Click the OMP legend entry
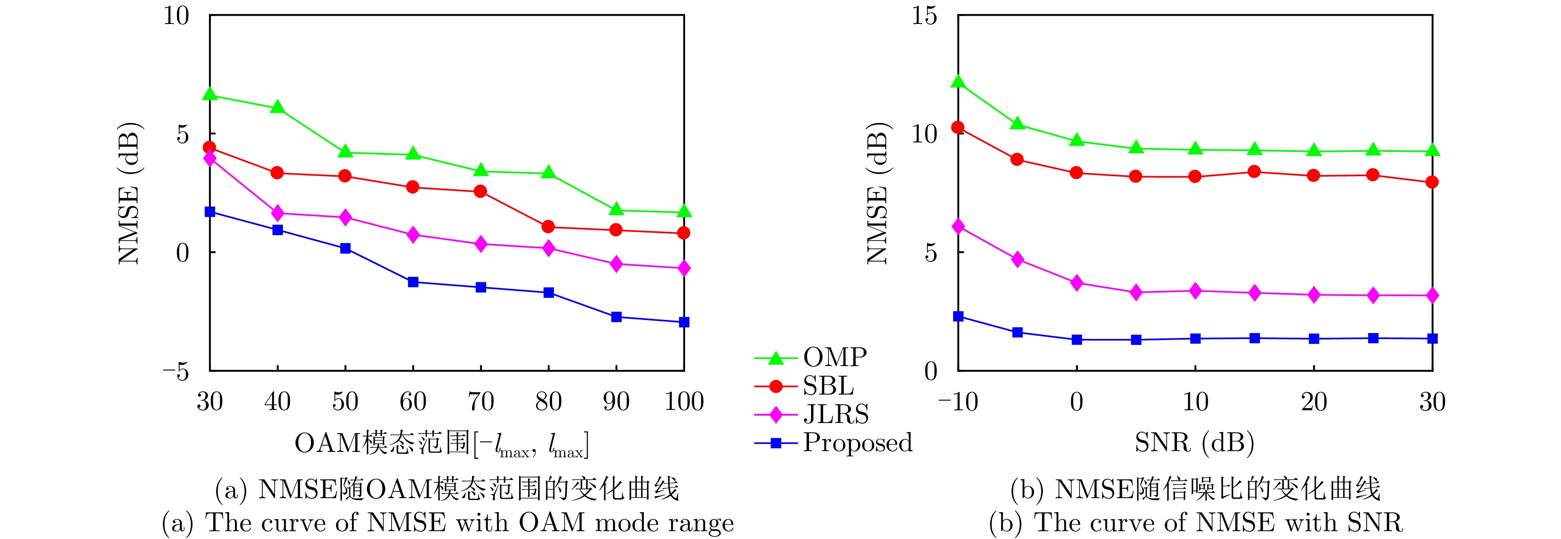(835, 357)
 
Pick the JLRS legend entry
(835, 414)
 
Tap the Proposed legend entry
(857, 443)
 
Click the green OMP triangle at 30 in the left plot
(210, 95)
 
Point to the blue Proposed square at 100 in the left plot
(683, 322)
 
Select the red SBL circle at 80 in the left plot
(548, 227)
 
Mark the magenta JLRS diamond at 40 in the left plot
(278, 213)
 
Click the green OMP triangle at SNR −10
(958, 82)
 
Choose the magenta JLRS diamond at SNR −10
(958, 227)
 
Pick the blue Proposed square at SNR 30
(1432, 338)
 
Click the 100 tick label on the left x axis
(683, 402)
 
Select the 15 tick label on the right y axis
(924, 16)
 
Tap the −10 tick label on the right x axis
(958, 402)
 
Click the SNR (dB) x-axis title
(1194, 443)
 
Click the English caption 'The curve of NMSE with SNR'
(1195, 522)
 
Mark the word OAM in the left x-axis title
(327, 443)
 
